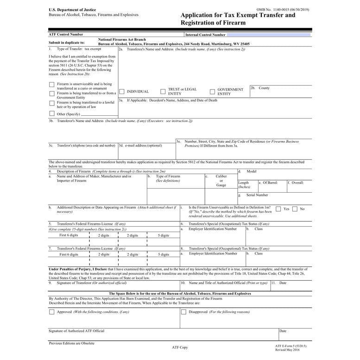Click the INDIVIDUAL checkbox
(122, 92)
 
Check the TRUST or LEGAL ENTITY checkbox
(163, 92)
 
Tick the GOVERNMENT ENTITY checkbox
(212, 92)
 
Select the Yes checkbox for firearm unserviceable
(278, 209)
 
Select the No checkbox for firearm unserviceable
(295, 209)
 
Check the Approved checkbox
(52, 312)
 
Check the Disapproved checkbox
(183, 312)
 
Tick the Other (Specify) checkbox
(52, 114)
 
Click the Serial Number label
(257, 195)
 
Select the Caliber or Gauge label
(221, 181)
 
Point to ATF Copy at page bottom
(180, 347)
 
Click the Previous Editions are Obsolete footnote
(72, 343)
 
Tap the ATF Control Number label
(66, 34)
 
